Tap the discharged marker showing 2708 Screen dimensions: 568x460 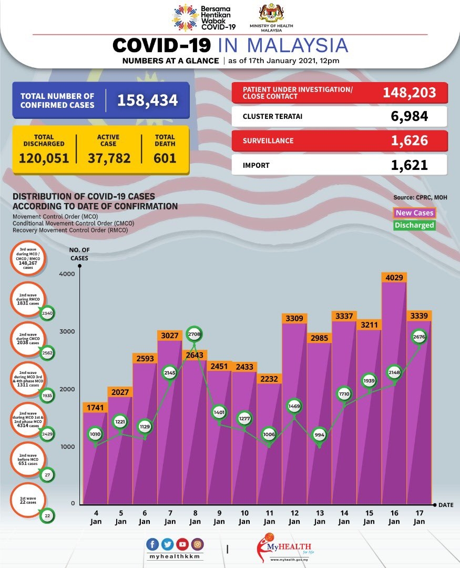coord(195,334)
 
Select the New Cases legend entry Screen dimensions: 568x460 coord(415,212)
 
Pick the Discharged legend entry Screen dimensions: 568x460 coord(415,225)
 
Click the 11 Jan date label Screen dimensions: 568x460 coord(269,517)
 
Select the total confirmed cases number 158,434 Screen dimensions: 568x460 coord(147,100)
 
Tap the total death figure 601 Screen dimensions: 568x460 coord(165,157)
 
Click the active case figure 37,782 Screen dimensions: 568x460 coord(108,157)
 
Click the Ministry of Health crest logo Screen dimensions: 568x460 coord(272,13)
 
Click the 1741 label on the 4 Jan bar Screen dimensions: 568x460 coord(95,407)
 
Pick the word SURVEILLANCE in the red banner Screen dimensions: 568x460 coord(268,141)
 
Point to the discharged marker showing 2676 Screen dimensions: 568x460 coord(419,337)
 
